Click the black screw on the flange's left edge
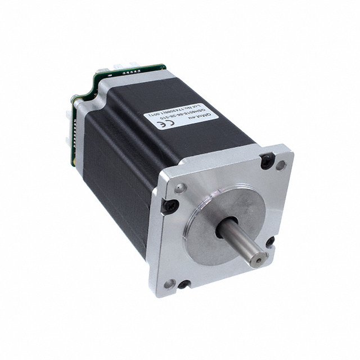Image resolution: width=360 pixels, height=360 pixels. (x=169, y=207)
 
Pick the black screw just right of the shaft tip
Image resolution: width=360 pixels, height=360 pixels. (x=271, y=241)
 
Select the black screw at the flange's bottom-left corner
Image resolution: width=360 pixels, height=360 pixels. (x=183, y=285)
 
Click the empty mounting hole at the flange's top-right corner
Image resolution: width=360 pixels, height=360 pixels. (x=281, y=165)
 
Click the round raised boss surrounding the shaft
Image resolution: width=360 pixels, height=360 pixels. (x=225, y=208)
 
